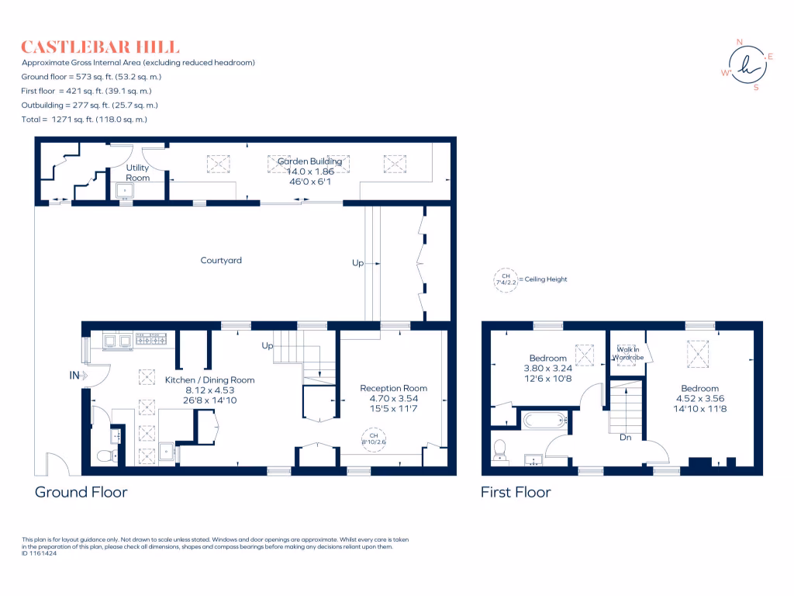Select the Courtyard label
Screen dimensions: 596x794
[x=221, y=261]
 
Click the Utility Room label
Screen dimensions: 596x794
[x=138, y=172]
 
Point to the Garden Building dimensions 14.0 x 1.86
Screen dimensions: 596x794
[x=315, y=171]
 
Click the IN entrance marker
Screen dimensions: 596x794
[x=74, y=376]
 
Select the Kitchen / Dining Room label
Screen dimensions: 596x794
[x=209, y=380]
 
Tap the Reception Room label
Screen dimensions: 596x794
[x=393, y=388]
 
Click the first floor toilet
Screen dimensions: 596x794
[x=500, y=449]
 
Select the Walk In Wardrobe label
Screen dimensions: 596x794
[x=629, y=354]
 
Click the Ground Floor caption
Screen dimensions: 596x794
[x=81, y=492]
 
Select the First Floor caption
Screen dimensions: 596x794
[x=516, y=492]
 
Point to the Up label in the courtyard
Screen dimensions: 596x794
[x=357, y=264]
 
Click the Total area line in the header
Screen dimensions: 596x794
[x=84, y=120]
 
